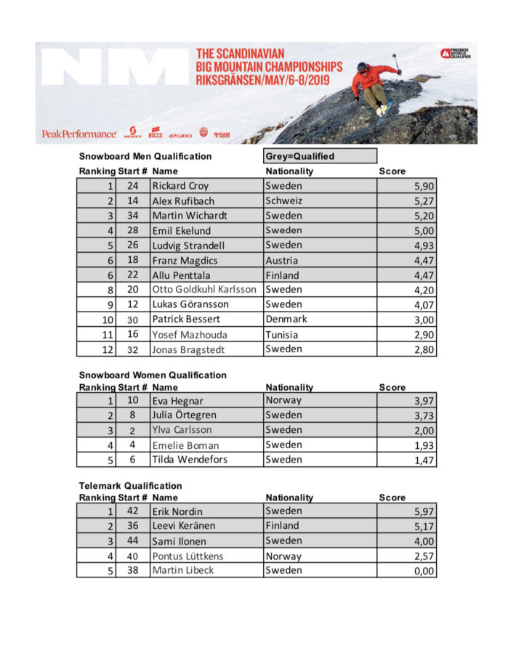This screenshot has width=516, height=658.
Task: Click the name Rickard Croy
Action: [x=180, y=186]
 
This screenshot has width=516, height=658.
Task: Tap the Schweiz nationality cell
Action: [x=284, y=200]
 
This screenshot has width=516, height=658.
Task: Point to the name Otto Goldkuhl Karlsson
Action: [x=204, y=290]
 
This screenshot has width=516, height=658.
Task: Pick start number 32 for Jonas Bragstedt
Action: [x=132, y=349]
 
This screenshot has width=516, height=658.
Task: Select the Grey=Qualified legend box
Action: [x=320, y=156]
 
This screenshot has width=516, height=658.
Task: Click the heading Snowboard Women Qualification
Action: [x=153, y=375]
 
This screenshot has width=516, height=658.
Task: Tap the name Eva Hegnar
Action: [x=177, y=400]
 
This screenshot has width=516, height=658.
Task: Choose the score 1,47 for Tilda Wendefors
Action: [x=421, y=460]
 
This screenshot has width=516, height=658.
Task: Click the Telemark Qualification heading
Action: [x=130, y=485]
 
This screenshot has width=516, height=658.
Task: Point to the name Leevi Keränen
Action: [x=184, y=526]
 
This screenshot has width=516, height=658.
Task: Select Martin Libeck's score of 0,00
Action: [x=421, y=571]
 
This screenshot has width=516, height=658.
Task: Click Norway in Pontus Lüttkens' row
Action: [x=283, y=556]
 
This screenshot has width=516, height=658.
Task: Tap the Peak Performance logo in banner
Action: [x=79, y=134]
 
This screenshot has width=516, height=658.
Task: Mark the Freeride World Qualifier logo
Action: [x=454, y=53]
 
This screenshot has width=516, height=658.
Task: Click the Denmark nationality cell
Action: [x=286, y=320]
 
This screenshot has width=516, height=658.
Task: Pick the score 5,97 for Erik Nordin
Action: [x=421, y=511]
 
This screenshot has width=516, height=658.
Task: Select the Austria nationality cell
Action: [x=281, y=260]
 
